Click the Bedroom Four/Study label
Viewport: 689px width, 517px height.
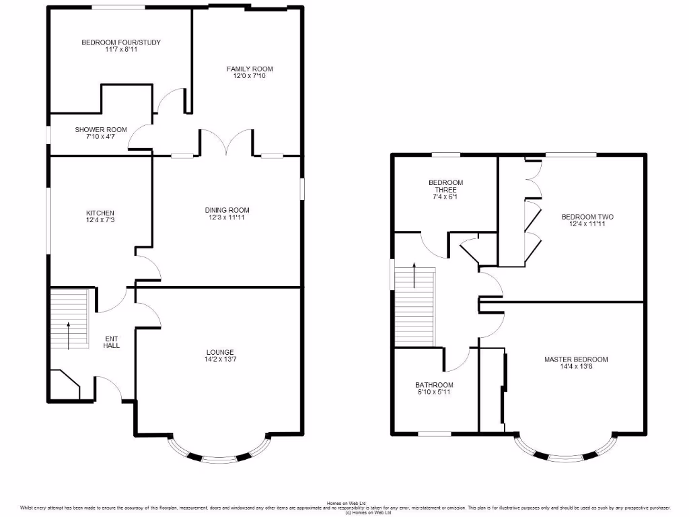pos(121,42)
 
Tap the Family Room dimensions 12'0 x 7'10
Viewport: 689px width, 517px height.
pos(250,76)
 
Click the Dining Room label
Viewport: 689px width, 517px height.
pos(227,210)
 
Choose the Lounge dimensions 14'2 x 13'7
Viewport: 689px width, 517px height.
pos(220,359)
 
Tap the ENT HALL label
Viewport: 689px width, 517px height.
pos(111,341)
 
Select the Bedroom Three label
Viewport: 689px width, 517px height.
pos(445,186)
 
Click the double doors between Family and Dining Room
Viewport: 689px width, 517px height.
pos(225,141)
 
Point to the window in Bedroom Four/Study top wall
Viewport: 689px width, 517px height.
pos(118,7)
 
